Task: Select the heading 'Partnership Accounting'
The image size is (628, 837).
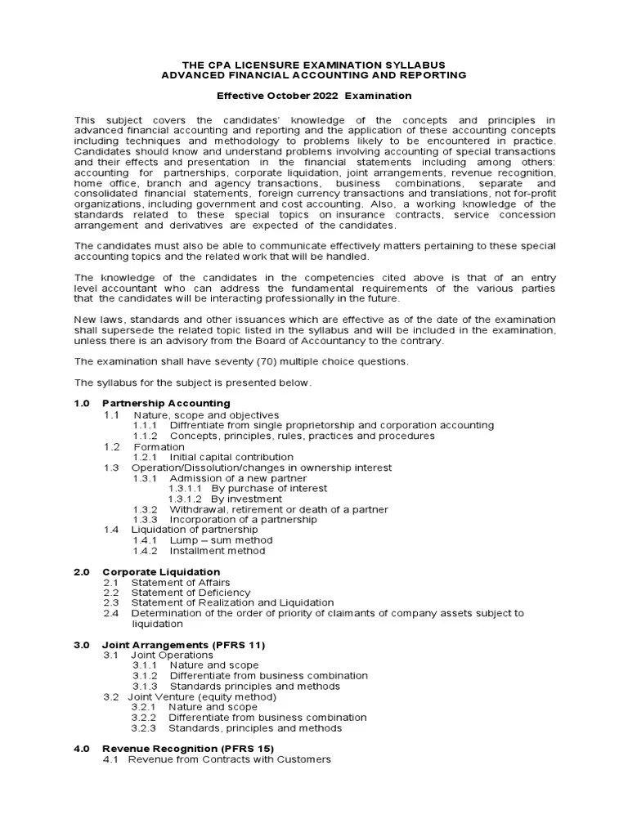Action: coord(166,403)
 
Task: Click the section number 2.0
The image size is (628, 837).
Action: coord(82,571)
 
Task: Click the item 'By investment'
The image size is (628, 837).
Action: coord(246,499)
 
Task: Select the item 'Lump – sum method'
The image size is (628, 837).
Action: coord(221,540)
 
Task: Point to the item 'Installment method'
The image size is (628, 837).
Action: coord(217,551)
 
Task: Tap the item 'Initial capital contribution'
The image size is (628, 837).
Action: coord(231,457)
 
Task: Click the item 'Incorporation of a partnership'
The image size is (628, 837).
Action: coord(243,520)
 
